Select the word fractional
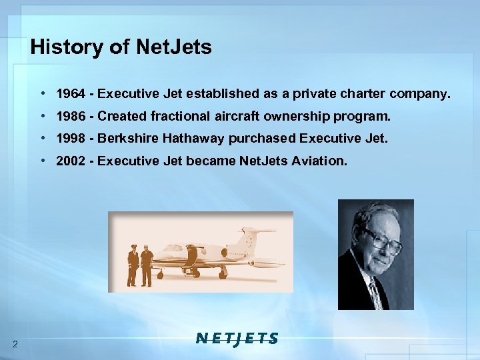[181, 117]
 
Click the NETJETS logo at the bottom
[237, 338]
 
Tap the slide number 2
[15, 343]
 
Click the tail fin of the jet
[249, 237]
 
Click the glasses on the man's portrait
[382, 241]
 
